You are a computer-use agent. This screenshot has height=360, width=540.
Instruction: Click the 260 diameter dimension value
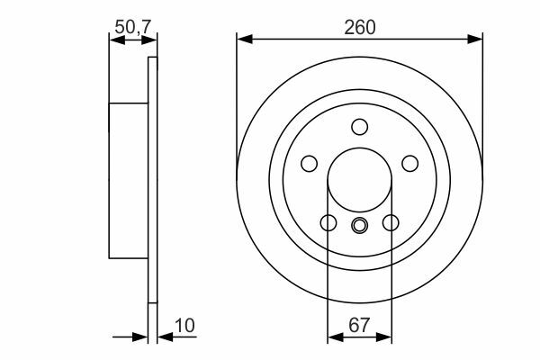tap(359, 28)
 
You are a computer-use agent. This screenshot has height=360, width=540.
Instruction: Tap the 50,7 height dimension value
tap(133, 27)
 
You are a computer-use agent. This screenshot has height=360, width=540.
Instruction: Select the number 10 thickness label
tap(184, 325)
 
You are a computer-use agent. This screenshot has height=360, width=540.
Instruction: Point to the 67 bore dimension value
tap(359, 325)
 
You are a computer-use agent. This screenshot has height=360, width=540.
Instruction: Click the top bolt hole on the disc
tap(359, 127)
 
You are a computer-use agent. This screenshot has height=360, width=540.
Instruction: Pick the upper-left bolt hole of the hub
tap(310, 163)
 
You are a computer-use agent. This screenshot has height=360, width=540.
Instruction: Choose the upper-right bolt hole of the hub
tap(410, 163)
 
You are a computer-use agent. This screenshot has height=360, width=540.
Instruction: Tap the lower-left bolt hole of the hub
tap(328, 222)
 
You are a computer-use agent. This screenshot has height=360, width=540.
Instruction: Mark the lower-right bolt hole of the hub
tap(391, 222)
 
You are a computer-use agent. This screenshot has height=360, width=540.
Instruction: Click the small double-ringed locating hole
tap(359, 226)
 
